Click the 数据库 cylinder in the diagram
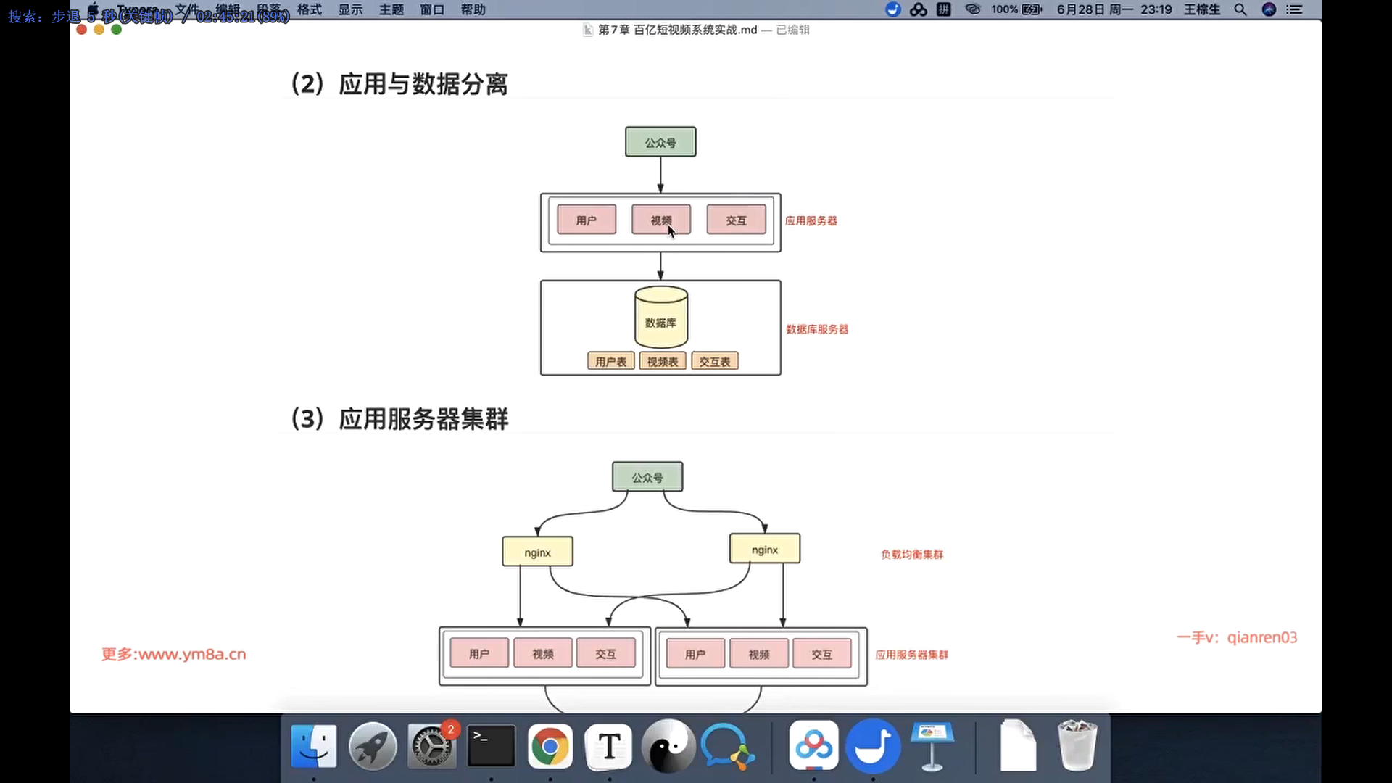(660, 319)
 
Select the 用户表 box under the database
(610, 361)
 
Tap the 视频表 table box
(663, 361)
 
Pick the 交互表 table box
(715, 361)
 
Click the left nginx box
(537, 552)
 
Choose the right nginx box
(765, 550)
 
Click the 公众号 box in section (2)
(660, 142)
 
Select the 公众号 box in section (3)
(647, 477)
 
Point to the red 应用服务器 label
(811, 220)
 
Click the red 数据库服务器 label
(817, 329)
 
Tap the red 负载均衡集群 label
(912, 554)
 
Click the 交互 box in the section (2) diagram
(736, 220)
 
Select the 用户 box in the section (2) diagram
(587, 220)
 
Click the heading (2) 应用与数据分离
(399, 84)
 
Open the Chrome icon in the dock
(550, 746)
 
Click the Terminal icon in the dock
(491, 746)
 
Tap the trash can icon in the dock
(1077, 746)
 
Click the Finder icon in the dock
(314, 746)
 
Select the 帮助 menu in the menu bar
(473, 9)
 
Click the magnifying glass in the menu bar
(1240, 9)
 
